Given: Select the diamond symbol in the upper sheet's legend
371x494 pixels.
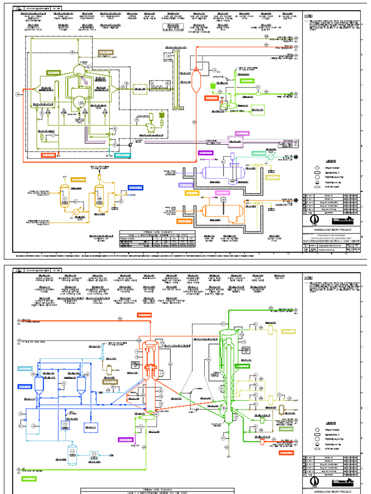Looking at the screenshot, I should click(x=317, y=168).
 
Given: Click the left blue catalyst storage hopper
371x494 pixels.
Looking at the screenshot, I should click(x=40, y=385).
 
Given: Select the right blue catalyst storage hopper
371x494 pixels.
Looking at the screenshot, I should click(x=82, y=385).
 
